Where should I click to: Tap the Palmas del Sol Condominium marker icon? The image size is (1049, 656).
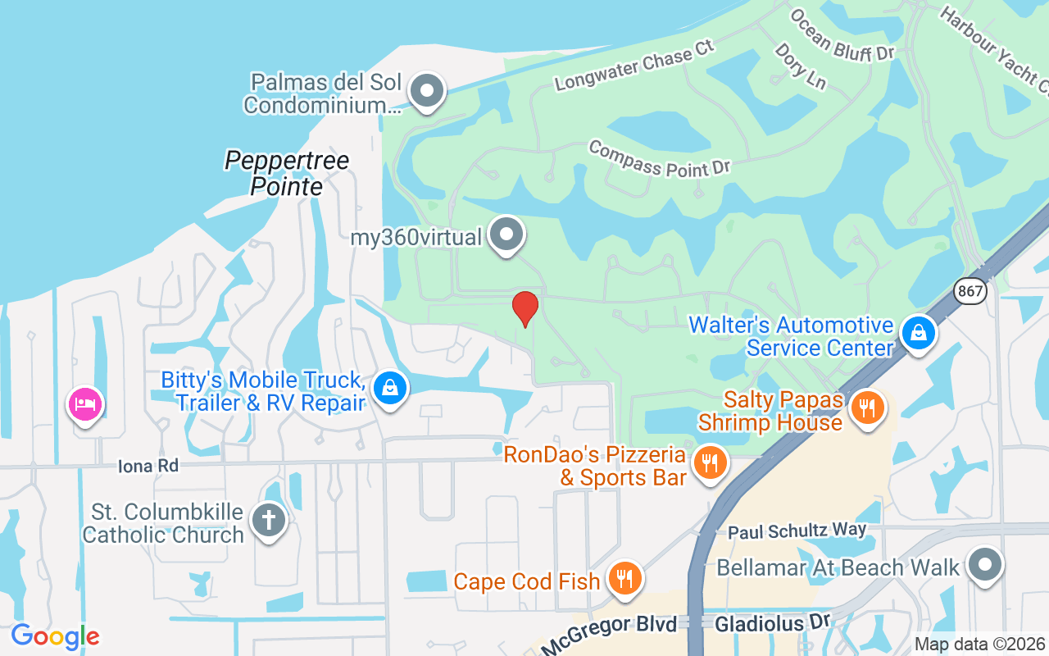[x=426, y=91]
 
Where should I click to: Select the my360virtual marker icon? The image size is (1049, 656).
[x=506, y=235]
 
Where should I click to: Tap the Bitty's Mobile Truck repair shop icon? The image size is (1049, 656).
[x=391, y=389]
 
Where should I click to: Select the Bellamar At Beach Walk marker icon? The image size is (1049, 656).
[x=984, y=566]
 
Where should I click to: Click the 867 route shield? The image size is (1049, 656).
[x=970, y=290]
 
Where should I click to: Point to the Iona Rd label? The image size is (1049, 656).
[x=148, y=466]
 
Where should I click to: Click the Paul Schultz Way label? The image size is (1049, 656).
[x=797, y=531]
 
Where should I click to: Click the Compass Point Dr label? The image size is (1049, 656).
[x=659, y=157]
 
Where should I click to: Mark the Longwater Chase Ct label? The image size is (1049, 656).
[x=635, y=64]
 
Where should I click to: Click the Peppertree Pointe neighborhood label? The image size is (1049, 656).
[x=287, y=172]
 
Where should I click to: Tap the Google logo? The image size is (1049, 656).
[x=55, y=636]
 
